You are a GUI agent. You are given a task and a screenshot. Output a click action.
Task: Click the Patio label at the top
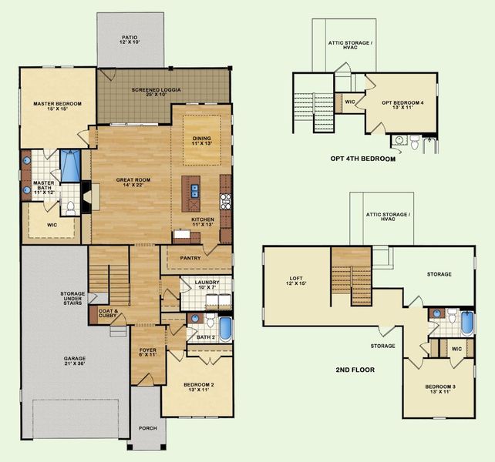click(130, 39)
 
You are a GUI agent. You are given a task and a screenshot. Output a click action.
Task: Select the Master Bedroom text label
click(57, 106)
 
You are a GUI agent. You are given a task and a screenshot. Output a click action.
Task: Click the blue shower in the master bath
click(70, 165)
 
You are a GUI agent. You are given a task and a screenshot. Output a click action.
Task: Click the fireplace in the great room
click(87, 195)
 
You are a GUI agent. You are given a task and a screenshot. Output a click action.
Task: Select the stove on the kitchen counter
click(226, 202)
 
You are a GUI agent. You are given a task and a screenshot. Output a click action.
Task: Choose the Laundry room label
click(208, 285)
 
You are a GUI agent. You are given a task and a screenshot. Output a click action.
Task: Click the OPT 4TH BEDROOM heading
click(362, 159)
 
